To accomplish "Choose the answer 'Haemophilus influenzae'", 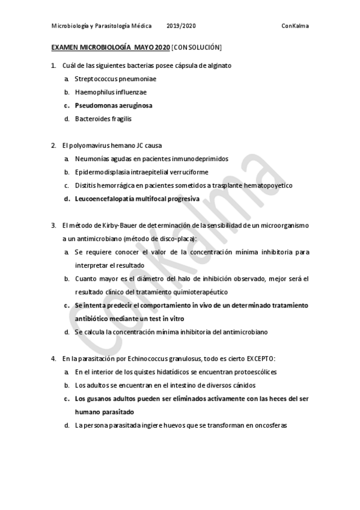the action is coord(111,92).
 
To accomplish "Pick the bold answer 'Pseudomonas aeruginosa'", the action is coord(114,105).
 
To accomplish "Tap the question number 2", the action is coord(53,146).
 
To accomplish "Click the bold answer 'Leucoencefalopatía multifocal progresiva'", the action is coord(137,198).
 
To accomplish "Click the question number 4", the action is coord(53,358).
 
